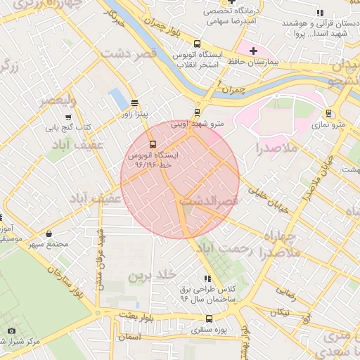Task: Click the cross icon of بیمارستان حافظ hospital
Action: tap(253, 51)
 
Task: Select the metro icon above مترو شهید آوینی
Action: tap(197, 112)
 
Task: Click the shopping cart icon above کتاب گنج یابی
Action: tap(68, 117)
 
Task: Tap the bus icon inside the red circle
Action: tap(153, 143)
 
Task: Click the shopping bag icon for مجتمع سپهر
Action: tap(49, 233)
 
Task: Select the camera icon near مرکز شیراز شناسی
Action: tap(11, 331)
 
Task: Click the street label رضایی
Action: tap(285, 288)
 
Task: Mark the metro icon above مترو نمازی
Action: tap(328, 112)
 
